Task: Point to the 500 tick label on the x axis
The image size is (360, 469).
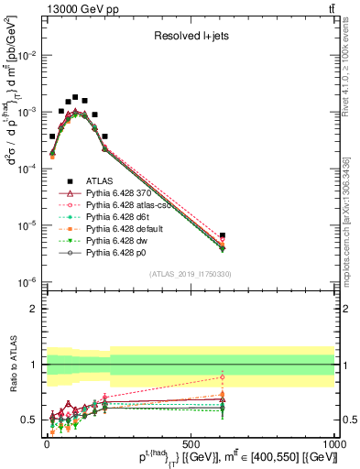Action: coord(191,442)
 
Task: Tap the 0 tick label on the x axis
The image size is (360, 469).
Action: coord(47,442)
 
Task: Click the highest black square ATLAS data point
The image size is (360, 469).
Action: coord(75,96)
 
